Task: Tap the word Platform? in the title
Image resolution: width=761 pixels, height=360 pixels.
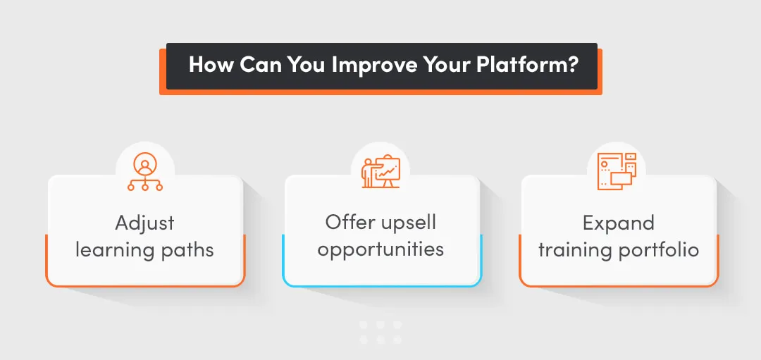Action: tap(528, 66)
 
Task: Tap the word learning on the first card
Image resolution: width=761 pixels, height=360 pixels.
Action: tap(111, 250)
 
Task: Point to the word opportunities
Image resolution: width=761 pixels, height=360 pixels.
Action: tap(380, 250)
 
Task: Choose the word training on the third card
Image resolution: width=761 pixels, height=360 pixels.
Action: tap(576, 251)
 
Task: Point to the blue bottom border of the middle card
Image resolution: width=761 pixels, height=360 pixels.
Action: tap(381, 285)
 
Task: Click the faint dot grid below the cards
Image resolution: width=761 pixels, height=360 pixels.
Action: tap(380, 332)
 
